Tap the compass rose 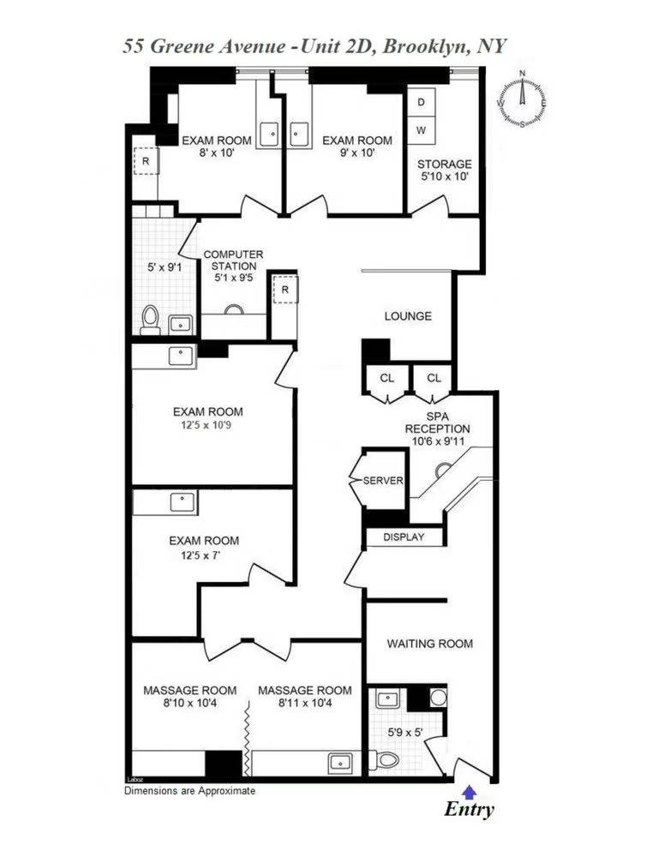522,99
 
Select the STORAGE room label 445,164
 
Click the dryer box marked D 421,102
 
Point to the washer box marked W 421,130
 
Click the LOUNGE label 408,316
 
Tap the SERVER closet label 383,481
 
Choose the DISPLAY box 404,537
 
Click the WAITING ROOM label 430,644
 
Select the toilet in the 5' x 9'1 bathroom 150,320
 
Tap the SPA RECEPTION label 437,423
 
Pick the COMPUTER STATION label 233,261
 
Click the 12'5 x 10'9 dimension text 205,425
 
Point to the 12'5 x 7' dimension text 205,555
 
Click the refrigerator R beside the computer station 285,290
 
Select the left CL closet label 387,378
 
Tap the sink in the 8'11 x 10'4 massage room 341,763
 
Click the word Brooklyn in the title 426,46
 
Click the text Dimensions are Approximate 189,790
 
